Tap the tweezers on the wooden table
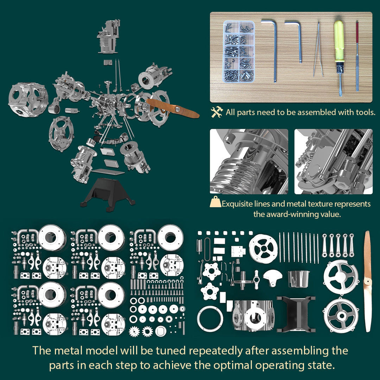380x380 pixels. (x=318, y=49)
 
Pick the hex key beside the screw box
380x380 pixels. (x=272, y=49)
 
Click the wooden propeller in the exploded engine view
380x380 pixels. (x=172, y=107)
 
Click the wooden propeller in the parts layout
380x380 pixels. (x=367, y=281)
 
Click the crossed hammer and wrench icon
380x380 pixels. (x=217, y=112)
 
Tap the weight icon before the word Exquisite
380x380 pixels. (x=215, y=203)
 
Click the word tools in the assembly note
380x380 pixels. (x=365, y=113)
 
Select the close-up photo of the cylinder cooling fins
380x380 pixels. (x=249, y=161)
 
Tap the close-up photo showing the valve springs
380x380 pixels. (x=333, y=161)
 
